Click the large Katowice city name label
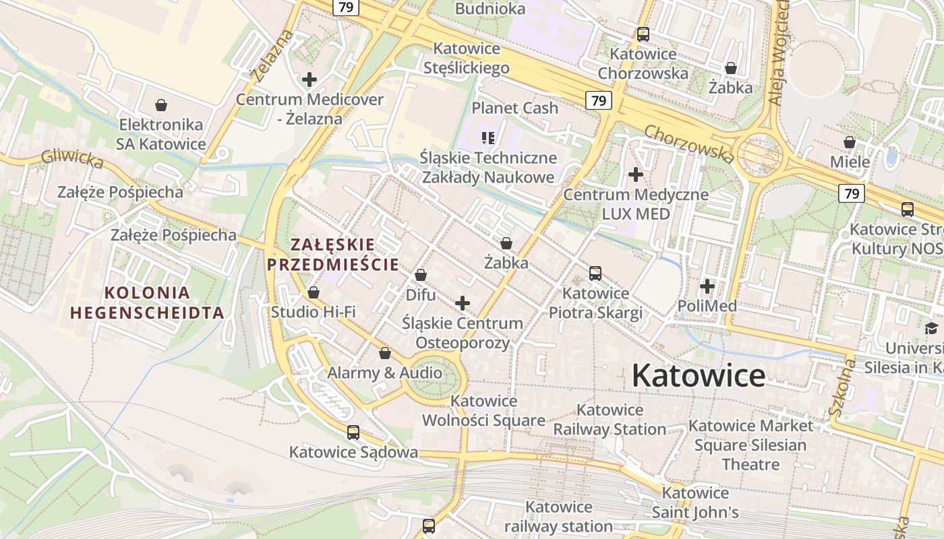tap(698, 376)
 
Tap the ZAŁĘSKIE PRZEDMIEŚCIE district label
tap(333, 254)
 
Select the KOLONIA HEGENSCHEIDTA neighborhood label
tap(147, 303)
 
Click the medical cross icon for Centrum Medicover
tap(309, 80)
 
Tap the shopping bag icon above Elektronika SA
tap(161, 105)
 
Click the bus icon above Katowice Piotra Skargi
tap(595, 274)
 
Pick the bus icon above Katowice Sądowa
tap(353, 433)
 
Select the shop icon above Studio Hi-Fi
tap(314, 292)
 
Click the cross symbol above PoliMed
tap(707, 287)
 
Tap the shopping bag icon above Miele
tap(850, 142)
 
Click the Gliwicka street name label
tap(72, 159)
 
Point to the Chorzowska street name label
tap(688, 144)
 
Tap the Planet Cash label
tap(514, 108)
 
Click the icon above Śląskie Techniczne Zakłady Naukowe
tap(488, 139)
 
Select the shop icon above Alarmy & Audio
tap(385, 353)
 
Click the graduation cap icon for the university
tap(931, 328)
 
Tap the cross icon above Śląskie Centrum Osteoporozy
tap(463, 303)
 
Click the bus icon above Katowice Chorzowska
tap(643, 34)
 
